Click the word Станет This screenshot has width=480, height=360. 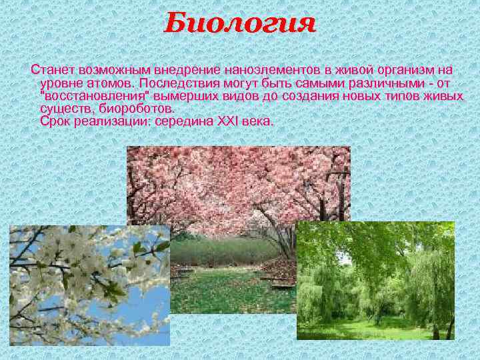click(x=52, y=69)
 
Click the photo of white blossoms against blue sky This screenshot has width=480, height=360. click(x=80, y=280)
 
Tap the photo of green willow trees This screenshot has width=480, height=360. click(x=375, y=280)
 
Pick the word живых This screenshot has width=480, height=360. click(x=445, y=96)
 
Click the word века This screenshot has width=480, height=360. click(x=257, y=122)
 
